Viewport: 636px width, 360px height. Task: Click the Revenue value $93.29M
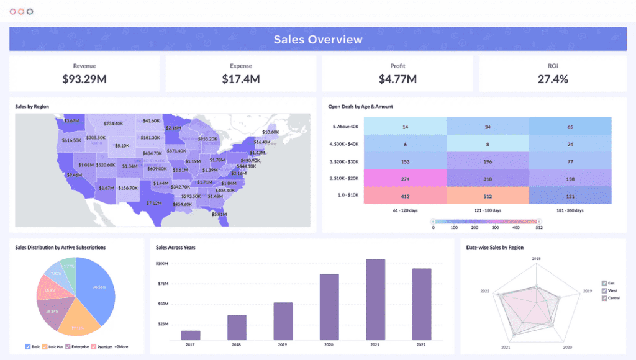[x=84, y=79]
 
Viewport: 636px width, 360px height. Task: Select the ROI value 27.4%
[x=552, y=79]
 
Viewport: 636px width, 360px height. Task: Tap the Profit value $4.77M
[x=397, y=79]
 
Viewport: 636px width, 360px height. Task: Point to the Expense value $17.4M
[x=240, y=79]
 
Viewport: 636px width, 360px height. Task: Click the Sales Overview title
[x=318, y=40]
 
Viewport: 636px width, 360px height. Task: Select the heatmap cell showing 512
[x=488, y=196]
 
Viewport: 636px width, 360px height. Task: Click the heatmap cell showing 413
[x=405, y=196]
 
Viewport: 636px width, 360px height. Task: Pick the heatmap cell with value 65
[x=570, y=127]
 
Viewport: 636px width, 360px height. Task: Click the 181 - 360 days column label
[x=570, y=211]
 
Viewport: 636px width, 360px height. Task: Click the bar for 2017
[x=191, y=335]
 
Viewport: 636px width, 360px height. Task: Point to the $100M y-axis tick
[x=162, y=264]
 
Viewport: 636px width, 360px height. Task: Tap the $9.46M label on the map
[x=74, y=175]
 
